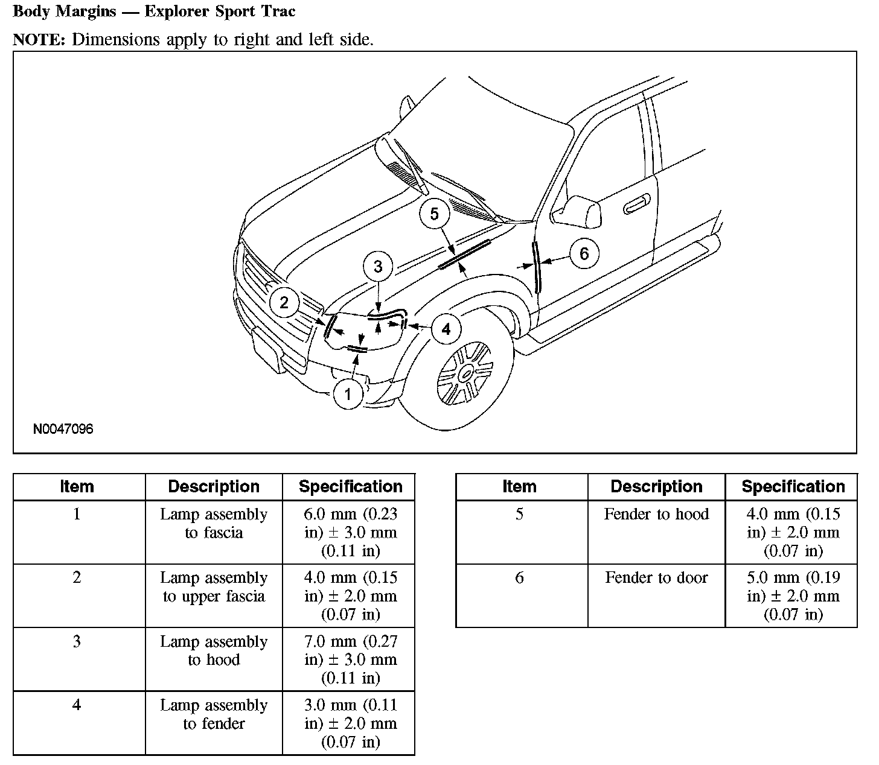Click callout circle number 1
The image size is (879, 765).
pos(348,395)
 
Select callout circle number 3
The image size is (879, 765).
pos(378,267)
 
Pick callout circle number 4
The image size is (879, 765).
pos(446,329)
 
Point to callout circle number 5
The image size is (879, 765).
pos(435,214)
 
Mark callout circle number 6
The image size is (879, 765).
pos(583,253)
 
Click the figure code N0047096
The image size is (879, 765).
pos(63,430)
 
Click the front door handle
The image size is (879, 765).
pos(637,205)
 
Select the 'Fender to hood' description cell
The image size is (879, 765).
pos(656,514)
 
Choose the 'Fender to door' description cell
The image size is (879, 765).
pos(656,578)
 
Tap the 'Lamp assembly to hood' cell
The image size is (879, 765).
pos(214,650)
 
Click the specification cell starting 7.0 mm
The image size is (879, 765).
pos(351,659)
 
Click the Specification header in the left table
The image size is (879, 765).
pos(351,487)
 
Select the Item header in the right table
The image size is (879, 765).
pos(519,487)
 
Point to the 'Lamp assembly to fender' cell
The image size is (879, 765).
pos(214,714)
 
